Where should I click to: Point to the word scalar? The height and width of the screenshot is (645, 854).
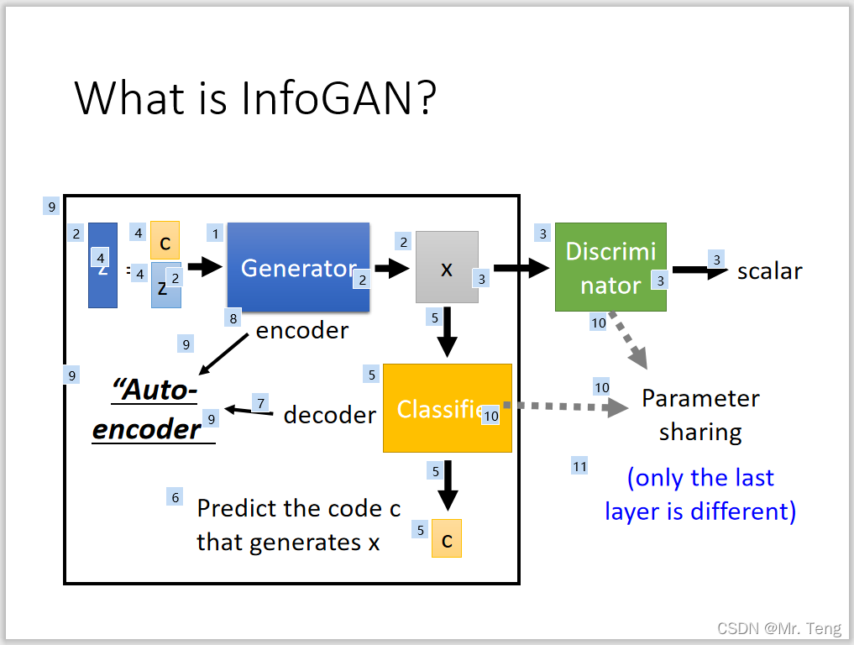tap(769, 271)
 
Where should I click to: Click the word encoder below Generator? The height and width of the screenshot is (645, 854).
tap(302, 330)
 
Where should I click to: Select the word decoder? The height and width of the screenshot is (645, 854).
tap(329, 415)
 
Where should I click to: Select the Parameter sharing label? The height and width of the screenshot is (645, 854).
tap(700, 415)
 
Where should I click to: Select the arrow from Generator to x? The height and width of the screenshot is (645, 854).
tap(391, 268)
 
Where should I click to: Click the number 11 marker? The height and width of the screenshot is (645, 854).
tap(579, 466)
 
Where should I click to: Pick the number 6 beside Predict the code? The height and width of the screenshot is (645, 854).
tap(176, 497)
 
